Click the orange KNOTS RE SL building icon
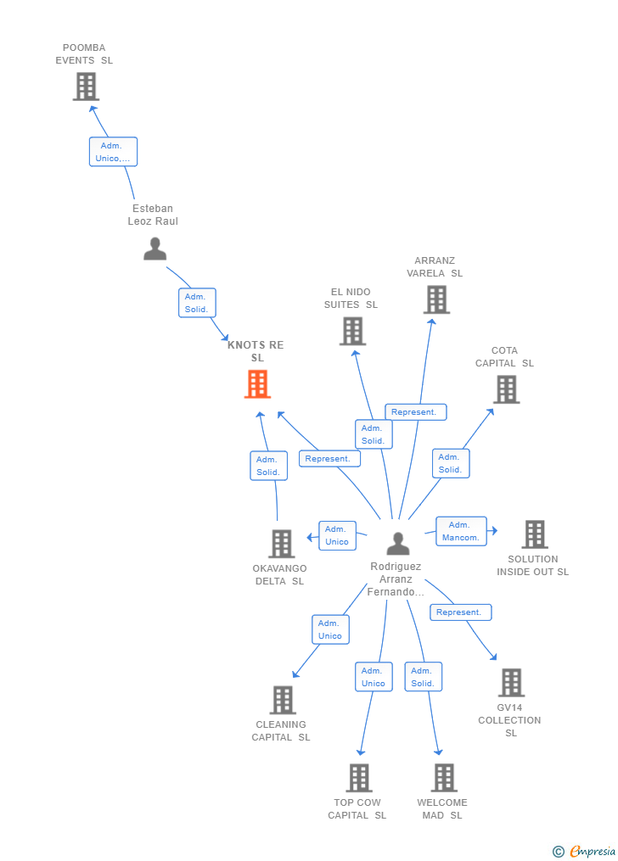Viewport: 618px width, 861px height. coord(257,383)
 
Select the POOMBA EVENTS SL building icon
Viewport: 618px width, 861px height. coord(87,87)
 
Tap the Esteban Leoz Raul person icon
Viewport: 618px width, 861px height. coord(154,249)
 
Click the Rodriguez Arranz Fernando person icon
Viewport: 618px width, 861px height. coord(398,544)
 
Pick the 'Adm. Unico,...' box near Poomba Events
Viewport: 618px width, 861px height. coord(113,152)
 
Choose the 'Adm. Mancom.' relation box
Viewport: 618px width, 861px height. coord(461,531)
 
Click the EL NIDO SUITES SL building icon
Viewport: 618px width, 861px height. coord(352,331)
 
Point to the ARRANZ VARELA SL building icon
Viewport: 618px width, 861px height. coord(436,299)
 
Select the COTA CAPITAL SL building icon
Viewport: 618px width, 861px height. coord(507,389)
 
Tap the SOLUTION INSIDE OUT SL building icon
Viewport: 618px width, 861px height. coord(535,534)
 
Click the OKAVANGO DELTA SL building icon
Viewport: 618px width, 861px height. coord(282,544)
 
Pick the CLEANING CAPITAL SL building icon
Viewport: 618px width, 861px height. coord(283,700)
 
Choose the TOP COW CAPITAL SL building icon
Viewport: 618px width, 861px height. coord(359,778)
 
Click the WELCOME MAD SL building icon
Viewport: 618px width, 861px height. coord(444,778)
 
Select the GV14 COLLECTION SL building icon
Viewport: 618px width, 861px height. coord(511,683)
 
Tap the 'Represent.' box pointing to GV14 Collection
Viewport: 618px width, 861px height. coord(460,612)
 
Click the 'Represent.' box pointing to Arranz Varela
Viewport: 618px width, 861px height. coord(415,411)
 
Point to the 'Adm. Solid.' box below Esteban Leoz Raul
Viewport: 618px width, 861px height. coord(197,303)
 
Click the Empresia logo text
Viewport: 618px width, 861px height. coord(593,851)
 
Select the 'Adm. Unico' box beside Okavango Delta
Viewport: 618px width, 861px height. coord(337,535)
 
